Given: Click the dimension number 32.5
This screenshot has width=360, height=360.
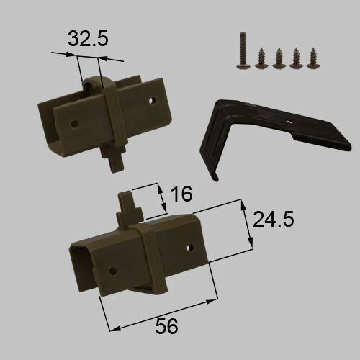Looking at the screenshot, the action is [x=88, y=38].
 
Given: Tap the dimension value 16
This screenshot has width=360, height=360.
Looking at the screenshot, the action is [x=182, y=194].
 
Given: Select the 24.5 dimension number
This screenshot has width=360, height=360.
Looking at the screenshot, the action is [x=274, y=219].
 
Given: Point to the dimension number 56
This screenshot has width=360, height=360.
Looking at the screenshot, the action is [x=166, y=326].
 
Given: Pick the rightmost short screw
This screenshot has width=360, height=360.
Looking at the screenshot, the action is [x=313, y=58].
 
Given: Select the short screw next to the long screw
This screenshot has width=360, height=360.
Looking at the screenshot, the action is [x=261, y=58].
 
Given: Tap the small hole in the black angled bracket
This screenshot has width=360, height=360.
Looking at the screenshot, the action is [x=290, y=122].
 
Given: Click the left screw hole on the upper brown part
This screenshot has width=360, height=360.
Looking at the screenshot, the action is [x=75, y=124].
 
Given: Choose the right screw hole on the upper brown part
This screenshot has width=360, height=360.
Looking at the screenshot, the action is [x=152, y=101].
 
